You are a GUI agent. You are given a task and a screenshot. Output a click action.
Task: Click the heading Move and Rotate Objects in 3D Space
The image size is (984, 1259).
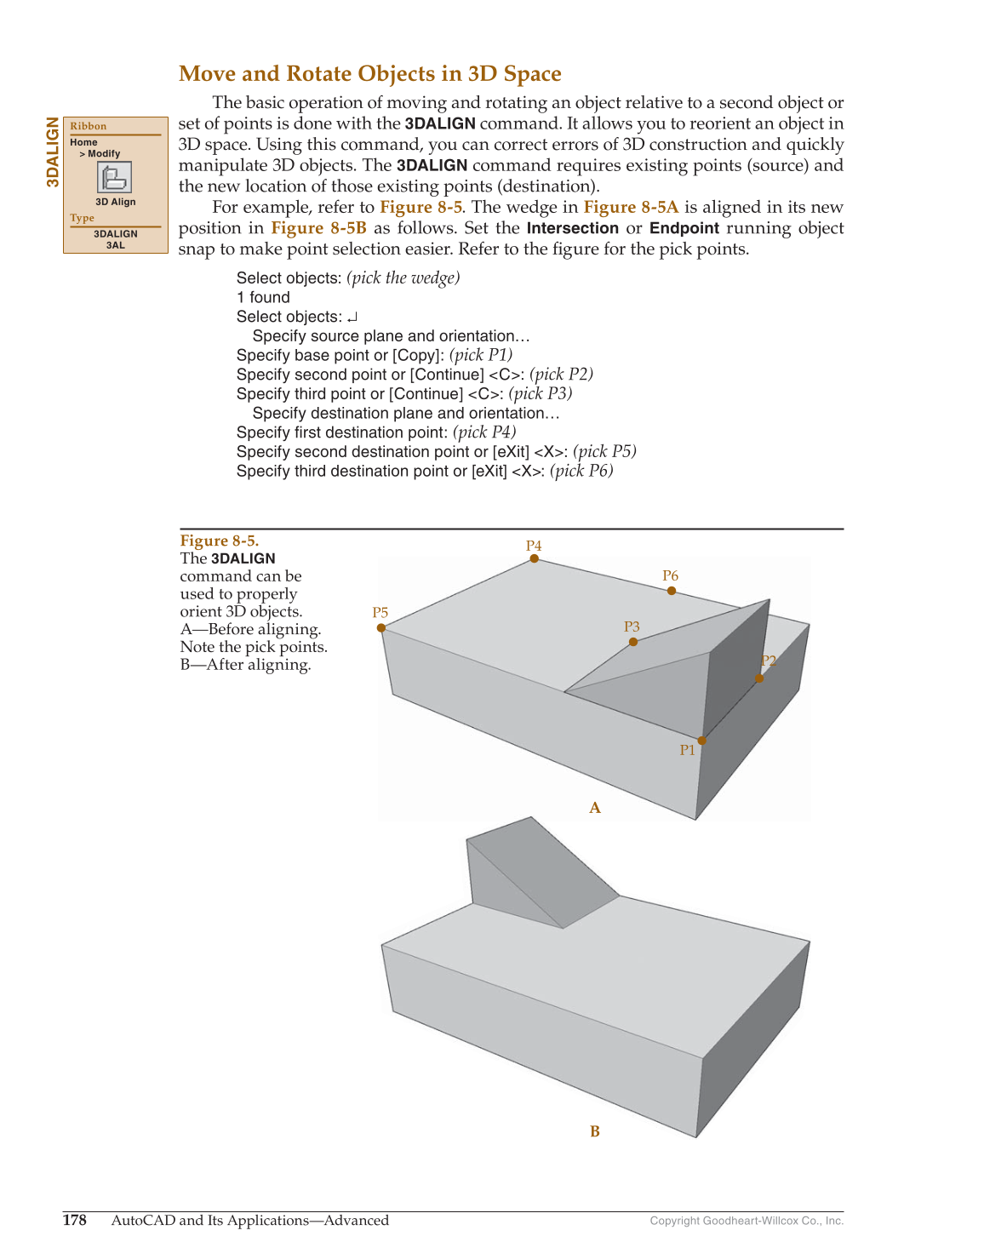pyautogui.click(x=369, y=74)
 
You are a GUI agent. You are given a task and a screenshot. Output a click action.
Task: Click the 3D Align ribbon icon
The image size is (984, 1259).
pyautogui.click(x=115, y=178)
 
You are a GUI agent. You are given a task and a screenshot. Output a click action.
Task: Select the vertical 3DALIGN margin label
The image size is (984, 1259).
pyautogui.click(x=53, y=152)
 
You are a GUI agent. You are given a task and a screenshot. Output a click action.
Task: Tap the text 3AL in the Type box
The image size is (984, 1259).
pyautogui.click(x=115, y=245)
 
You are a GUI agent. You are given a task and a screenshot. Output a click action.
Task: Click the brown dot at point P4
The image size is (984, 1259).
pyautogui.click(x=535, y=558)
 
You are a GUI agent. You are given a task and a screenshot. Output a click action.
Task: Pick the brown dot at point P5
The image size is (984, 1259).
pyautogui.click(x=381, y=628)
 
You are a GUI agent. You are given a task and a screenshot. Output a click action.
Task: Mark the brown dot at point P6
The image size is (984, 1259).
pyautogui.click(x=672, y=591)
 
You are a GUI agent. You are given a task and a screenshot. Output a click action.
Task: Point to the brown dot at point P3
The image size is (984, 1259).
pyautogui.click(x=633, y=642)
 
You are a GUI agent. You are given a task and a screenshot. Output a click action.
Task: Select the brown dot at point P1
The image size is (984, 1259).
pyautogui.click(x=702, y=741)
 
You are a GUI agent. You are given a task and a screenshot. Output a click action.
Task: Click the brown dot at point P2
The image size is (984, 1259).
pyautogui.click(x=760, y=678)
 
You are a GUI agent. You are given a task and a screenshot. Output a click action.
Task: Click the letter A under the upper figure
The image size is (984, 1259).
pyautogui.click(x=595, y=808)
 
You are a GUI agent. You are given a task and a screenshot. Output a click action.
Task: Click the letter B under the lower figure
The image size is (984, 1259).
pyautogui.click(x=595, y=1131)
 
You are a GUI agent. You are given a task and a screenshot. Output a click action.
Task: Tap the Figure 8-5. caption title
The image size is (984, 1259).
pyautogui.click(x=220, y=541)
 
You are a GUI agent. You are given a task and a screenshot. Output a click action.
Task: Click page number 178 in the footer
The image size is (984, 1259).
pyautogui.click(x=75, y=1220)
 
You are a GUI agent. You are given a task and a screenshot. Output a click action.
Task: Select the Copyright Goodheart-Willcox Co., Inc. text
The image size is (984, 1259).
pyautogui.click(x=747, y=1221)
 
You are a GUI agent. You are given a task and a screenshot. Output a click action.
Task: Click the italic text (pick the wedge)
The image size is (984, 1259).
pyautogui.click(x=403, y=278)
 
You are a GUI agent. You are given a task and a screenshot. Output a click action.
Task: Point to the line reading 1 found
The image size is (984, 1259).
pyautogui.click(x=263, y=297)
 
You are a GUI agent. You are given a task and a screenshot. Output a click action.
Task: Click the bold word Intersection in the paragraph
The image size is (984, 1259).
pyautogui.click(x=572, y=228)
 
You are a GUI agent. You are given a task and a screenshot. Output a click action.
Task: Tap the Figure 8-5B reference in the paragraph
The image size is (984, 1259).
pyautogui.click(x=318, y=228)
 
